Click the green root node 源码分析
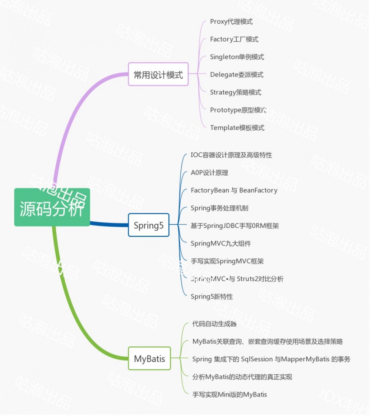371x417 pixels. coord(52,207)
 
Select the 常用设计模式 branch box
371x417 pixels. coord(158,74)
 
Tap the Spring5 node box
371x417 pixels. coord(148,225)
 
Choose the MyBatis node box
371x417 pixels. coord(150,359)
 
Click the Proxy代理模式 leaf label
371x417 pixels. coord(231,22)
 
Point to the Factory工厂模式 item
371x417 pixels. coord(234,39)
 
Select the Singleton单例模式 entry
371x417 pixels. coord(237,57)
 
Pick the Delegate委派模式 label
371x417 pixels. coord(236,75)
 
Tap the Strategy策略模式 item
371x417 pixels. coord(235,92)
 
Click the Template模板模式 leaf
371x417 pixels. coord(237,128)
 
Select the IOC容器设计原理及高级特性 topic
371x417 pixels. coord(231,155)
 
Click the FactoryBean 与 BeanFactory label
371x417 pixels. coord(234,190)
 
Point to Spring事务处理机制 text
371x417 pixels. coord(219,208)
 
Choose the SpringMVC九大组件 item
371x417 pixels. coord(221,243)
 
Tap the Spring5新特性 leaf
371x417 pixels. coord(211,296)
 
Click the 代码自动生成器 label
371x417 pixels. coord(214,324)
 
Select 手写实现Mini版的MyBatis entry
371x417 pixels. coord(229,394)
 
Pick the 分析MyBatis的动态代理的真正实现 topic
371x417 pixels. coord(242,377)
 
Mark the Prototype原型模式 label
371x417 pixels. coord(238,110)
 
